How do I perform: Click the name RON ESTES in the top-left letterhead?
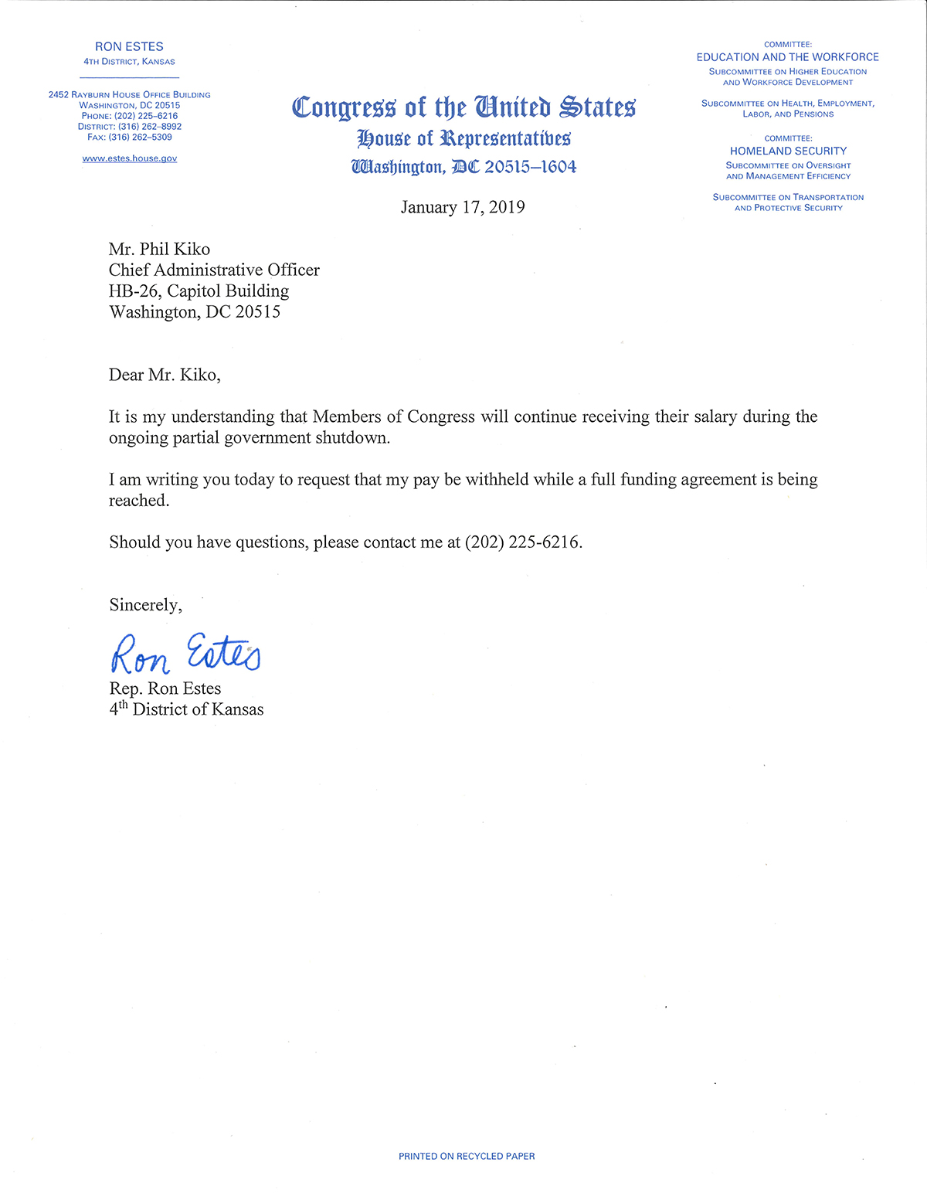tap(129, 46)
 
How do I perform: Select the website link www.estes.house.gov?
tap(130, 158)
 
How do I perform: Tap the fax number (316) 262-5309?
tap(140, 138)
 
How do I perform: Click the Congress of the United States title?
tap(463, 107)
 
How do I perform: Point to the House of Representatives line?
tap(463, 138)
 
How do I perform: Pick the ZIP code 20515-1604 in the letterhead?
tap(530, 167)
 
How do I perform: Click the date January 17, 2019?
tap(463, 207)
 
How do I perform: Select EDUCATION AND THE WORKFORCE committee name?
tap(787, 57)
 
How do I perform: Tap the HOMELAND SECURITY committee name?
tap(788, 151)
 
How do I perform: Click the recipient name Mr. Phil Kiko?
tap(159, 249)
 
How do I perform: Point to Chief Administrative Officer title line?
tap(214, 270)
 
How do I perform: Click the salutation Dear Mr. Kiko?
tap(165, 375)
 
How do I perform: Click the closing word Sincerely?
tap(145, 605)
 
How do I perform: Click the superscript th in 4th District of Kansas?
tap(123, 705)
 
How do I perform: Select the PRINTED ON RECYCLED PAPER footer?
tap(467, 1157)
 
